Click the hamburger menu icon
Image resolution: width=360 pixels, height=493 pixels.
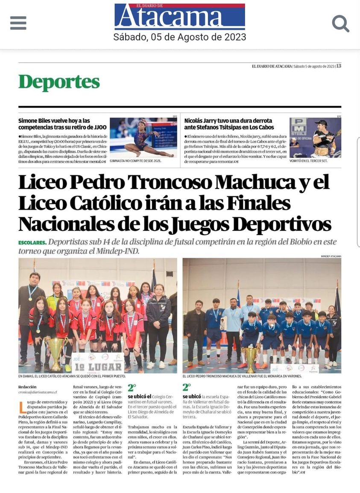click(18, 23)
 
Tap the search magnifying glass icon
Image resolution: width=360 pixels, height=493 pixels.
click(340, 23)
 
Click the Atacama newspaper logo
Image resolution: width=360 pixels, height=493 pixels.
click(180, 17)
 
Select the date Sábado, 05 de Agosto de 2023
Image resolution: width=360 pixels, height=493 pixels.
click(180, 37)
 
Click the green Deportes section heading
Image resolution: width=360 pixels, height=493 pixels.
click(59, 82)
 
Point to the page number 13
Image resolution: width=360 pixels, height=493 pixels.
click(338, 66)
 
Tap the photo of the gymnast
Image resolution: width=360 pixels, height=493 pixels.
click(143, 137)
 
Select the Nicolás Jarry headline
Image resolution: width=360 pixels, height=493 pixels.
click(228, 124)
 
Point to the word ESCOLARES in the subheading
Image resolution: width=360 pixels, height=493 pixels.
click(32, 242)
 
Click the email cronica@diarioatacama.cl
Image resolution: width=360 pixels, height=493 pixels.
click(38, 392)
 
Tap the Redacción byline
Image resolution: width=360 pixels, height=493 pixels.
click(27, 387)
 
